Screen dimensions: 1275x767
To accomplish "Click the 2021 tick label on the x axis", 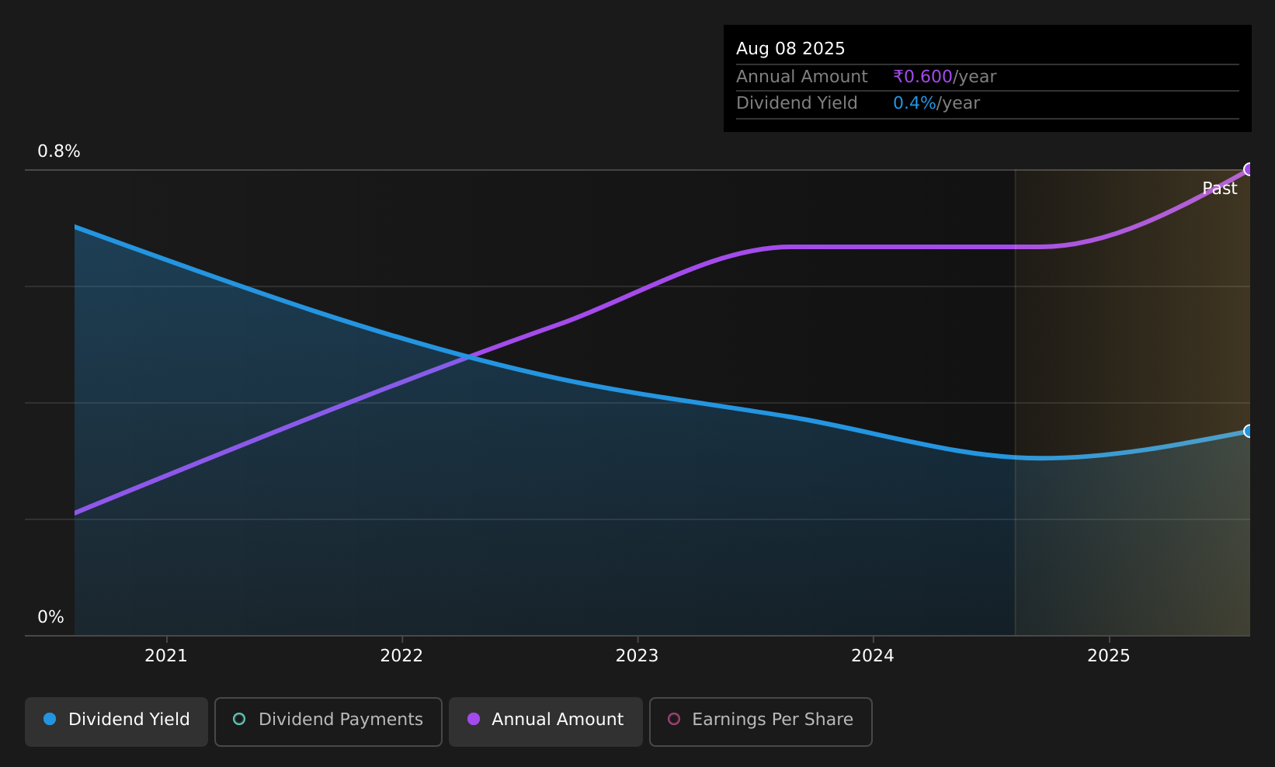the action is pyautogui.click(x=166, y=656).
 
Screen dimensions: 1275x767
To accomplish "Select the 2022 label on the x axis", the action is pyautogui.click(x=402, y=656).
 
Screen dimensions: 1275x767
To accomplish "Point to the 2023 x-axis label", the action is pyautogui.click(x=637, y=656).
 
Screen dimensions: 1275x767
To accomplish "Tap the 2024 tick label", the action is pyautogui.click(x=873, y=656).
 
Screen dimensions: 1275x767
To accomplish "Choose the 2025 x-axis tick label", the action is pyautogui.click(x=1109, y=656).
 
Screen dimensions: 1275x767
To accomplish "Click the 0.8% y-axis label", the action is pyautogui.click(x=59, y=151).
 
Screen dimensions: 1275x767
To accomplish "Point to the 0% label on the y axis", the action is pyautogui.click(x=50, y=617).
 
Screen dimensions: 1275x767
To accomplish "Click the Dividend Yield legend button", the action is pyautogui.click(x=116, y=721).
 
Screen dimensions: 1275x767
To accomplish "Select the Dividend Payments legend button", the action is pyautogui.click(x=328, y=721).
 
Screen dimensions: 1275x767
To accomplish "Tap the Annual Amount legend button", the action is pyautogui.click(x=546, y=721).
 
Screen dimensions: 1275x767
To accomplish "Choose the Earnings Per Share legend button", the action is pyautogui.click(x=761, y=721).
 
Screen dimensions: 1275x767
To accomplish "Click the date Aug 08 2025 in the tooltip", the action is pyautogui.click(x=790, y=49).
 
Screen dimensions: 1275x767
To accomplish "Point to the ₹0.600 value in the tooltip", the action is pyautogui.click(x=922, y=77).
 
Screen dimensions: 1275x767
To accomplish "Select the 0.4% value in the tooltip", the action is pyautogui.click(x=915, y=103).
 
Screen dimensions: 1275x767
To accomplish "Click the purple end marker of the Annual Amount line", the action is pyautogui.click(x=1249, y=169).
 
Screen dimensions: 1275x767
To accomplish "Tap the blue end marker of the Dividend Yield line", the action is pyautogui.click(x=1249, y=432).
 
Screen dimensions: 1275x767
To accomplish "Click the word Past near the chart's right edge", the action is pyautogui.click(x=1220, y=189).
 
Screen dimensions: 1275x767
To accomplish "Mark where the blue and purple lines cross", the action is pyautogui.click(x=468, y=357).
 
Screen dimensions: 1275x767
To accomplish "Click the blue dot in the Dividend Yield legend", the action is pyautogui.click(x=50, y=719).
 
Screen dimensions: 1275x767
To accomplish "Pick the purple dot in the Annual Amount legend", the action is pyautogui.click(x=473, y=719).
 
